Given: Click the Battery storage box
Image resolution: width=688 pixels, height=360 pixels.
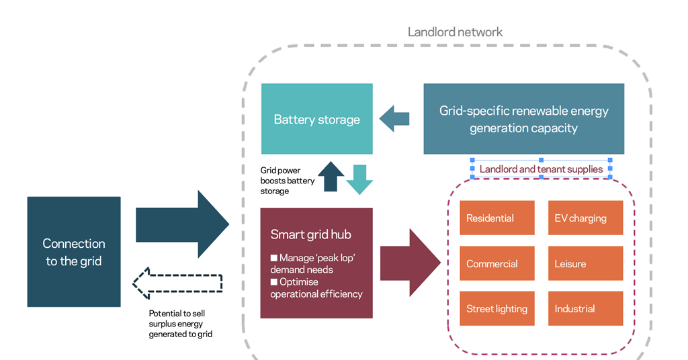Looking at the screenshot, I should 316,120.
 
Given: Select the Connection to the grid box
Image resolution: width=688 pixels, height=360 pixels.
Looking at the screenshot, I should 74,252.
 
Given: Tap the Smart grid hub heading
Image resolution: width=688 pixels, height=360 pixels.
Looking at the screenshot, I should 310,234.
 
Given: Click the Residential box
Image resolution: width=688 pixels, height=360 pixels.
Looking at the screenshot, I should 497,218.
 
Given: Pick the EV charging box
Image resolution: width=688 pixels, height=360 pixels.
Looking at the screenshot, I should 585,218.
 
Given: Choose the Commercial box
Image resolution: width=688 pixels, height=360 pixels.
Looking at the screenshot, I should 497,263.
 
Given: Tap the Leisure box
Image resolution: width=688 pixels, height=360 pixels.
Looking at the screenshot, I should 585,263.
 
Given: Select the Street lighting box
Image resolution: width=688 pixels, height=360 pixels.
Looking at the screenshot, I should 497,309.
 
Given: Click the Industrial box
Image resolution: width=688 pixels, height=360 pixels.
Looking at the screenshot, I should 585,309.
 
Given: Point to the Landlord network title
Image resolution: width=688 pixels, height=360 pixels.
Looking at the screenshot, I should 455,32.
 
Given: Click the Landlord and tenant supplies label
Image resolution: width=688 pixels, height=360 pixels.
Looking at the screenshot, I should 541,169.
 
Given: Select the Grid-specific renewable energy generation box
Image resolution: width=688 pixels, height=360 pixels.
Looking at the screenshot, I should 523,119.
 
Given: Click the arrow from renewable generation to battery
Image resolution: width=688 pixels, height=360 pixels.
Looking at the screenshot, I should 394,119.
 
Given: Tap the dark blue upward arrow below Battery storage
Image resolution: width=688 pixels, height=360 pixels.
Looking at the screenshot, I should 330,177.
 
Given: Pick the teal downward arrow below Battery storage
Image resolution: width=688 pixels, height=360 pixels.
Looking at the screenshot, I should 359,179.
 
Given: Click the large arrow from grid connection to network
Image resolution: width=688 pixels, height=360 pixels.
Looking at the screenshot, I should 182,224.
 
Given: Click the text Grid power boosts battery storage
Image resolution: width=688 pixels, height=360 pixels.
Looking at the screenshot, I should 287,181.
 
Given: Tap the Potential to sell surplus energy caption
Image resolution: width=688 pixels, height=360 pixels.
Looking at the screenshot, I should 180,323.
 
